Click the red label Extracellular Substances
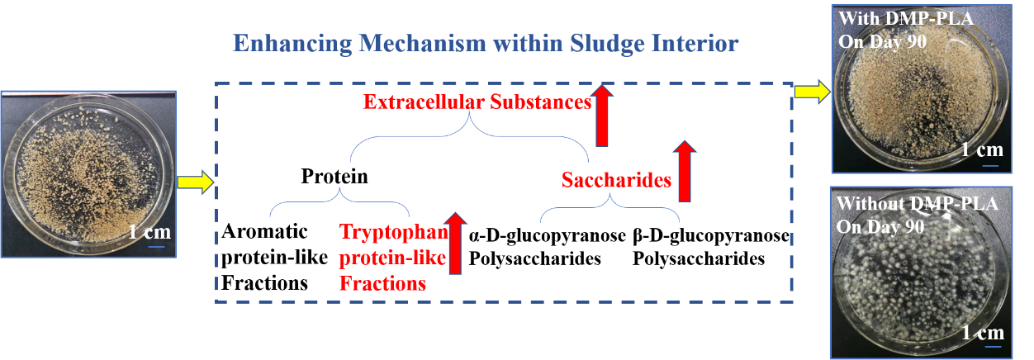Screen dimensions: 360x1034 (477, 103)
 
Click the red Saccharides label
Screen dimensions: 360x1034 (616, 180)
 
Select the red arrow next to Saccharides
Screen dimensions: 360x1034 (683, 171)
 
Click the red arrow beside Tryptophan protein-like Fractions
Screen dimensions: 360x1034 (453, 243)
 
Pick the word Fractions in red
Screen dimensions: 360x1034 (382, 283)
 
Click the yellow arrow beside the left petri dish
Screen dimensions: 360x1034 (196, 182)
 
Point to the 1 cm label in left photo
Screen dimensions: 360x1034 (149, 232)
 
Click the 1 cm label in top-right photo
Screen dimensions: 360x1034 (982, 150)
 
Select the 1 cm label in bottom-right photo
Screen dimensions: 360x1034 (983, 333)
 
